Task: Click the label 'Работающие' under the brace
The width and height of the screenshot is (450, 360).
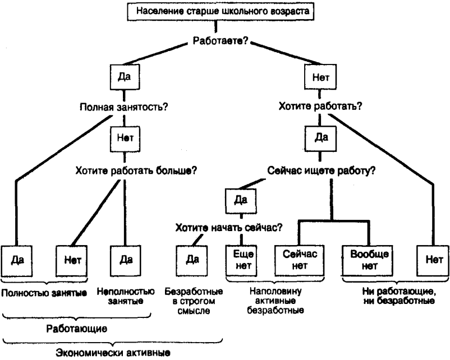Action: (x=85, y=326)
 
